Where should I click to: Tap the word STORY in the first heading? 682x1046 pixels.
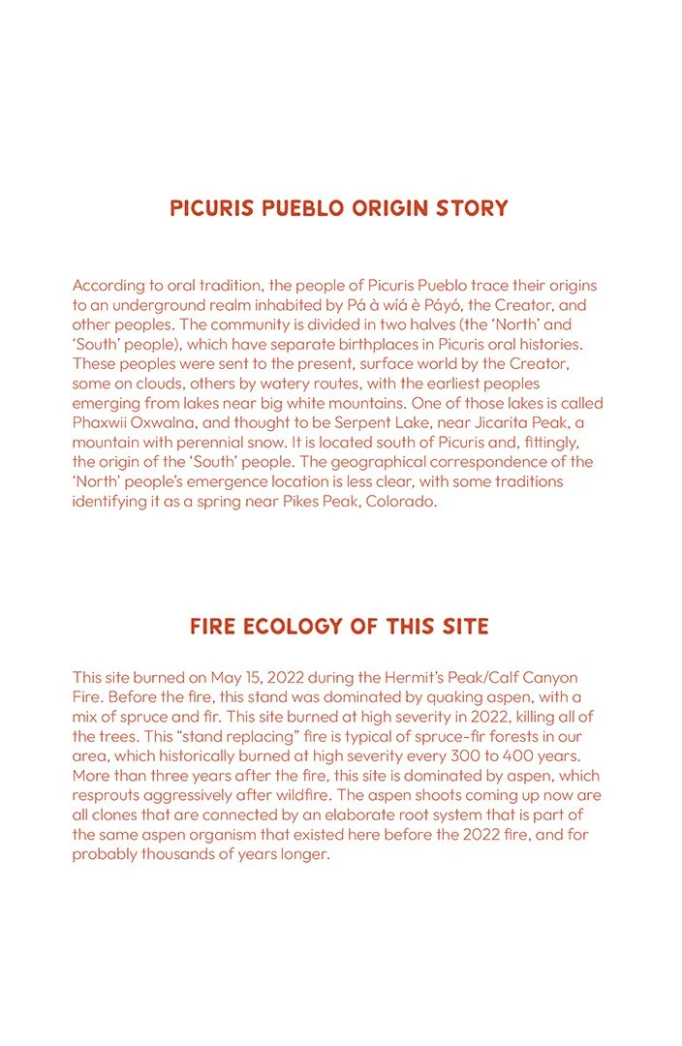474,208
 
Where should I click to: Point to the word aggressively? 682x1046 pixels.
197,796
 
